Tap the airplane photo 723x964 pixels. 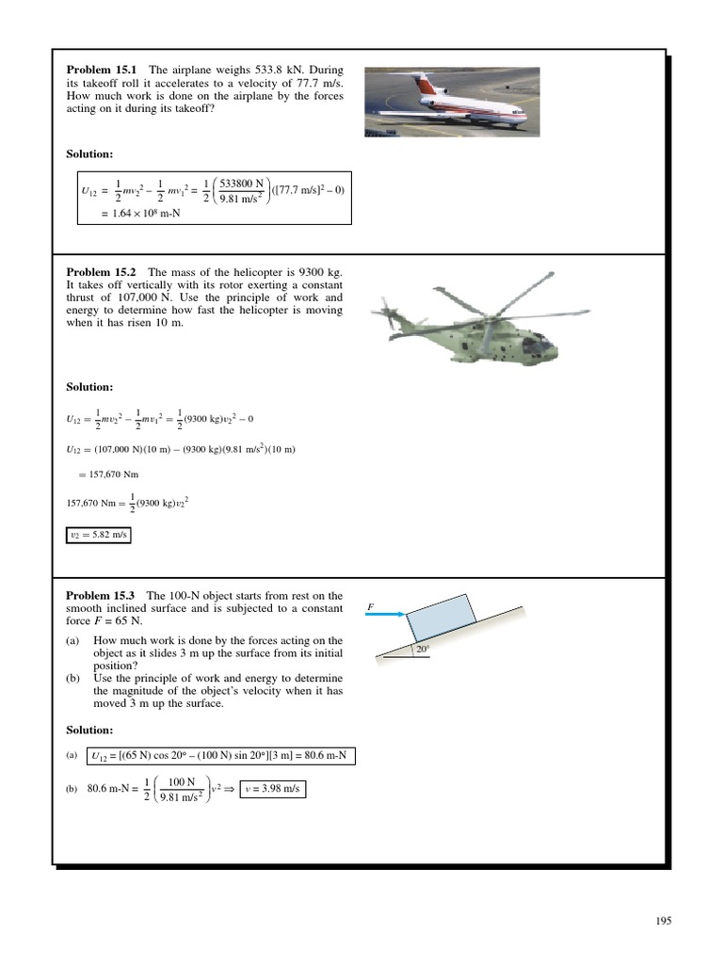point(452,102)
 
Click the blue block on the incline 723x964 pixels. point(442,620)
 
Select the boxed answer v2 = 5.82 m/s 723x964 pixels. point(98,536)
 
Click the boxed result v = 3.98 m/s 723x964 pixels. point(272,789)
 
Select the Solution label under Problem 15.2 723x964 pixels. point(89,387)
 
